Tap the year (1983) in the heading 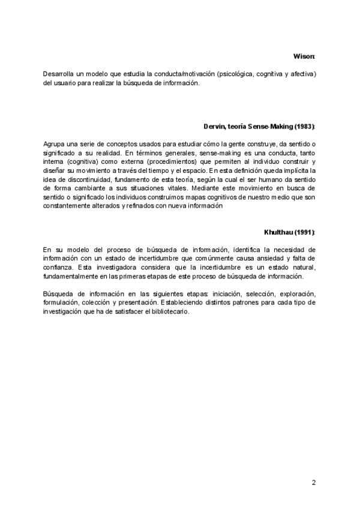tap(303, 127)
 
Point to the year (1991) tap(304, 232)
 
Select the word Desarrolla tap(58, 74)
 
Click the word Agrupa tap(54, 145)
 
